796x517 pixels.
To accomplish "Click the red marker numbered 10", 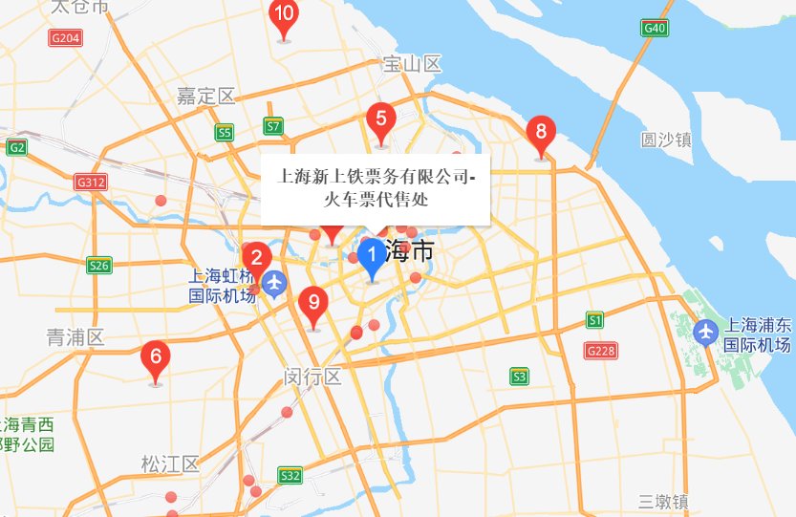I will coord(283,16).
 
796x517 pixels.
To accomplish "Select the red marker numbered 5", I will coord(381,120).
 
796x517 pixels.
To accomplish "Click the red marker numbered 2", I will coord(255,258).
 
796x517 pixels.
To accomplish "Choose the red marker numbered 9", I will coord(312,303).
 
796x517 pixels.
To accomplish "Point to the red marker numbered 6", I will coord(156,358).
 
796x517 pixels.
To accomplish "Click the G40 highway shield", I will coord(655,28).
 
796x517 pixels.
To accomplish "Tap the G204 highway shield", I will coord(65,37).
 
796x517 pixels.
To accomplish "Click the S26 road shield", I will coord(98,265).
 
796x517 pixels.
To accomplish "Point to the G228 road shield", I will coord(599,351).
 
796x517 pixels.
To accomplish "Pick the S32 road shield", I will coord(290,475).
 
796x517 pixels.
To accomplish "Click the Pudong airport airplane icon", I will coord(706,332).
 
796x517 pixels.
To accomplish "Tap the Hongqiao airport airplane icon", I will coord(275,283).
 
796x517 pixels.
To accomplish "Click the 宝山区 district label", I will coord(411,64).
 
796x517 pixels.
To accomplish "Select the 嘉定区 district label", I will coord(205,96).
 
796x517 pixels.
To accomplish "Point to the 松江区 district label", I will coord(169,464).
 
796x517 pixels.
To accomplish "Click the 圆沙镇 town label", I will coord(666,140).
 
